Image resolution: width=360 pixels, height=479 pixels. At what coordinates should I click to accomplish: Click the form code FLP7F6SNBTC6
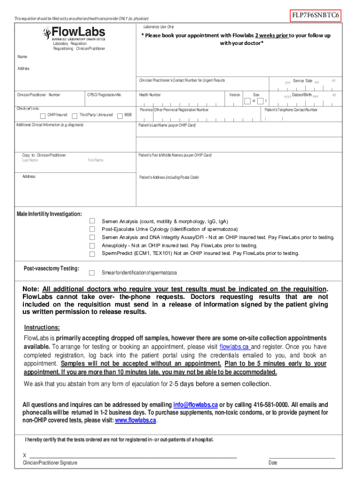click(316, 15)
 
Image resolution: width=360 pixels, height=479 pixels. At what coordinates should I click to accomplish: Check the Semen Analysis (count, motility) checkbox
click(92, 221)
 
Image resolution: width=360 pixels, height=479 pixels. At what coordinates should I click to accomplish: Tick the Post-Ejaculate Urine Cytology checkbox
click(92, 229)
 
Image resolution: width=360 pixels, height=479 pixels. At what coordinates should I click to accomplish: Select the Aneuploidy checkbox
click(92, 246)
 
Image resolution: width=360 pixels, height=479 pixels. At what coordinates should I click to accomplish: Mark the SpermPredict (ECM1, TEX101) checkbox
click(92, 254)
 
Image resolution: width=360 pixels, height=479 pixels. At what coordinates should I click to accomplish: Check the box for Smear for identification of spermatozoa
click(92, 273)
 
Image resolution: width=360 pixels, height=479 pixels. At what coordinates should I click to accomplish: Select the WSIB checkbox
click(120, 116)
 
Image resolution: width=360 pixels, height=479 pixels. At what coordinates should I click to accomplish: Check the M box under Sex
click(247, 101)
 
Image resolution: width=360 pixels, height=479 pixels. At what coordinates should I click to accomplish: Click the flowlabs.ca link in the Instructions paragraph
click(235, 347)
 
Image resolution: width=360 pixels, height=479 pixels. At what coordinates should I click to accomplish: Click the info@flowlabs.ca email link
click(195, 405)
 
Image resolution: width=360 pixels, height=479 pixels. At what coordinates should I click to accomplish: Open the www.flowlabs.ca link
click(136, 420)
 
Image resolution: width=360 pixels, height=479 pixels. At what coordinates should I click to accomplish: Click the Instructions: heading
click(42, 327)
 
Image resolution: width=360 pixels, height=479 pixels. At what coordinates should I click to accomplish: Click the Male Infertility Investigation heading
click(49, 214)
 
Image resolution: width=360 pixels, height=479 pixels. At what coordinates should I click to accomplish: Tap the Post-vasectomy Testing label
click(51, 269)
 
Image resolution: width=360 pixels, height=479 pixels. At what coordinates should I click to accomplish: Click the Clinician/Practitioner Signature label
click(50, 463)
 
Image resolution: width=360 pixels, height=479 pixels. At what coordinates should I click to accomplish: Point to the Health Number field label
click(150, 95)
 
